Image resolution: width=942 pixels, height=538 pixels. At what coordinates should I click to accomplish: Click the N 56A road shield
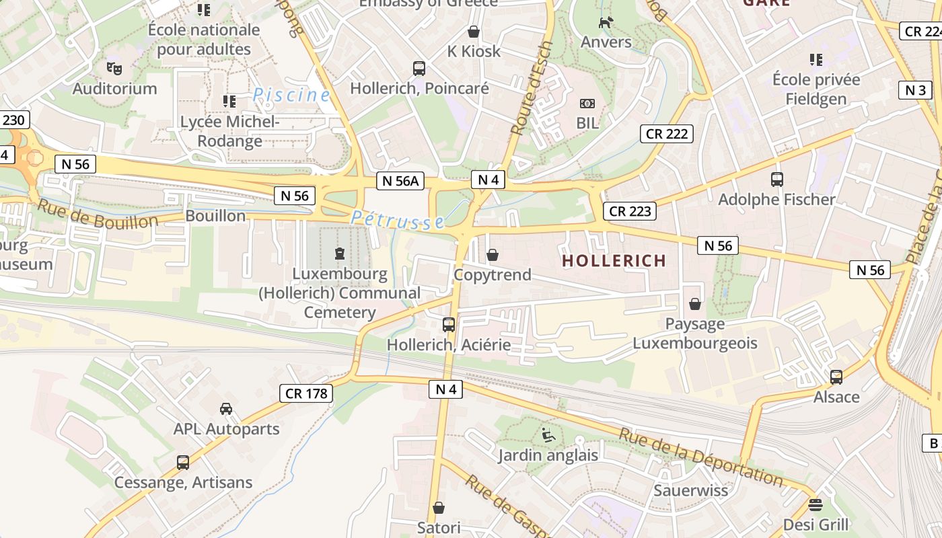(x=400, y=180)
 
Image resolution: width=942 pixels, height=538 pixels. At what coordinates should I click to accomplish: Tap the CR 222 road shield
(x=667, y=134)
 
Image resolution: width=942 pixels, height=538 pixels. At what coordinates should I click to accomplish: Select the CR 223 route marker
(x=630, y=211)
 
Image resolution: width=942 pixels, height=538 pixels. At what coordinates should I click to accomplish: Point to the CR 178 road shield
(x=307, y=393)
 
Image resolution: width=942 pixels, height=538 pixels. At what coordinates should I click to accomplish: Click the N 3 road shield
(x=915, y=90)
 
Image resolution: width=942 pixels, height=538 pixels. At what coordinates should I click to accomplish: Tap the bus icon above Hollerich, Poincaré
(x=419, y=68)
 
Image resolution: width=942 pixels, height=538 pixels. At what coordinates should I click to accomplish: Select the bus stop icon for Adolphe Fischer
(x=777, y=180)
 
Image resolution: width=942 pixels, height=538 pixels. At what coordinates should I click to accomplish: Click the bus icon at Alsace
(x=836, y=377)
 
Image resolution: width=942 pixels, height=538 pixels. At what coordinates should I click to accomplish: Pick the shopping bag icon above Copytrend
(x=493, y=255)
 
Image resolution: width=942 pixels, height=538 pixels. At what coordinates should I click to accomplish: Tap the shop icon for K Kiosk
(x=474, y=32)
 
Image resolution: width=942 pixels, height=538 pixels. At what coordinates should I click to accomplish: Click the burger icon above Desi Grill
(x=816, y=505)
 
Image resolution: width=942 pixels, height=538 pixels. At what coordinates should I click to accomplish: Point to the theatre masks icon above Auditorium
(x=114, y=68)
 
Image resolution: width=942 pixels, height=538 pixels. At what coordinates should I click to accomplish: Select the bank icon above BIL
(x=587, y=104)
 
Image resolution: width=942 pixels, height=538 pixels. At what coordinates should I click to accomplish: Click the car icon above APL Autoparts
(x=226, y=409)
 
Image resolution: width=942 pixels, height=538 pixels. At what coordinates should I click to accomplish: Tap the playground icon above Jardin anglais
(x=548, y=435)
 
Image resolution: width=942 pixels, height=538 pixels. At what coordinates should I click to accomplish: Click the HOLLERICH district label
(x=614, y=260)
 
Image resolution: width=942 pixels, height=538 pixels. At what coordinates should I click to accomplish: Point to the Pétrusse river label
(x=398, y=220)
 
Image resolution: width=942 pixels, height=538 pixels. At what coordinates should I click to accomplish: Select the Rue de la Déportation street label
(x=700, y=457)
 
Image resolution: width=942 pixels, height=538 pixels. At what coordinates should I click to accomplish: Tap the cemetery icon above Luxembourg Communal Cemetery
(x=339, y=254)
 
